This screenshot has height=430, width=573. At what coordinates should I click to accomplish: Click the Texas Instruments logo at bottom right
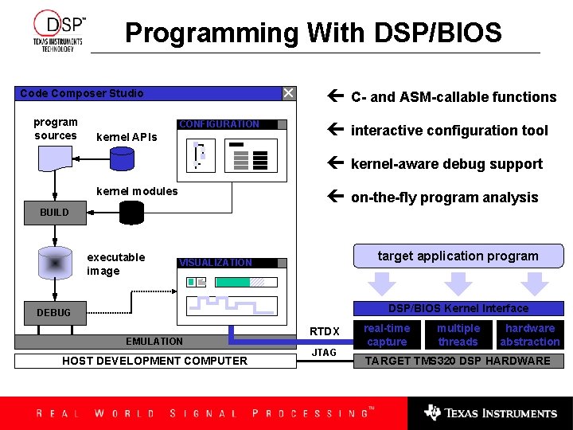[x=490, y=412]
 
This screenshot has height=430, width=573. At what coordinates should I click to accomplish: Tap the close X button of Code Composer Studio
[x=288, y=93]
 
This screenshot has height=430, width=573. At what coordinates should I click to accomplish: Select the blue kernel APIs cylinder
[x=122, y=159]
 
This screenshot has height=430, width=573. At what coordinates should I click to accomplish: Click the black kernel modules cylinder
[x=131, y=213]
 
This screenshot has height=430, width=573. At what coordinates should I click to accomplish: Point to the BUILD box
[x=54, y=213]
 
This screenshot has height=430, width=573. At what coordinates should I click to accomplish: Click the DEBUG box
[x=53, y=313]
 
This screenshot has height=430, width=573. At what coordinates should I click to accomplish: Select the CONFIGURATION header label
[x=219, y=124]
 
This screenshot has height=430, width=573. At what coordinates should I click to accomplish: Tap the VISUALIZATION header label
[x=216, y=263]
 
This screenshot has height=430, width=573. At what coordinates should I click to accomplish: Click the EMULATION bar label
[x=154, y=342]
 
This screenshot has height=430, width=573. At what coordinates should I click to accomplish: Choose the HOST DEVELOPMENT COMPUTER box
[x=154, y=361]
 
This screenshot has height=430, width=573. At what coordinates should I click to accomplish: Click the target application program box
[x=458, y=256]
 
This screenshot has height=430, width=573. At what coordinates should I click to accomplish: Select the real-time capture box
[x=387, y=335]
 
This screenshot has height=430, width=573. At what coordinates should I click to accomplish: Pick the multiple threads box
[x=458, y=335]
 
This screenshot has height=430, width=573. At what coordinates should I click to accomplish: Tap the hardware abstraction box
[x=530, y=335]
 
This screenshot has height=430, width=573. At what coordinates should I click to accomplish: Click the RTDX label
[x=324, y=331]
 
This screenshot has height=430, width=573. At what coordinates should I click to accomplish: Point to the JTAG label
[x=324, y=352]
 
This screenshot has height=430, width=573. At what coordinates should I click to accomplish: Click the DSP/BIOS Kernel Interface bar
[x=458, y=308]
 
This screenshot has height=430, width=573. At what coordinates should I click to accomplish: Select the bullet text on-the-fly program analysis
[x=444, y=197]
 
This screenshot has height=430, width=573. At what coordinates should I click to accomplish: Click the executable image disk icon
[x=55, y=264]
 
